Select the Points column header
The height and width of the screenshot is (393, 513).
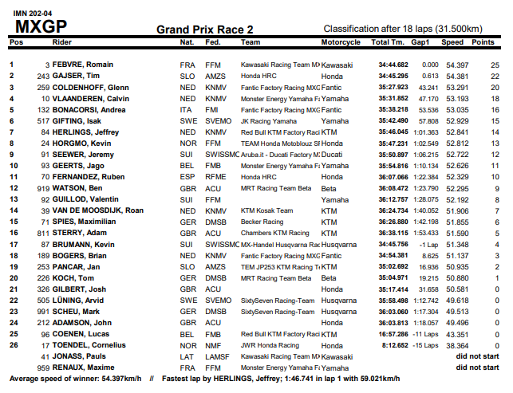(483, 41)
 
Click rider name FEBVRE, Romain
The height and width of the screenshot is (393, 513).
(82, 64)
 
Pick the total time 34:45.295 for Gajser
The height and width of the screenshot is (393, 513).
(393, 76)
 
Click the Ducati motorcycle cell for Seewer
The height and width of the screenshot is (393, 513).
(333, 155)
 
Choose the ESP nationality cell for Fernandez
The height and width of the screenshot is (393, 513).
(187, 177)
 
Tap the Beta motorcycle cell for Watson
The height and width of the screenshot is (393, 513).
(328, 188)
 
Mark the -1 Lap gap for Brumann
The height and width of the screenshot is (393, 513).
(428, 244)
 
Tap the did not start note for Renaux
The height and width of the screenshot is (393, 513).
(477, 367)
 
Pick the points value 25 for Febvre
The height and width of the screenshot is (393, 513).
(495, 64)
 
